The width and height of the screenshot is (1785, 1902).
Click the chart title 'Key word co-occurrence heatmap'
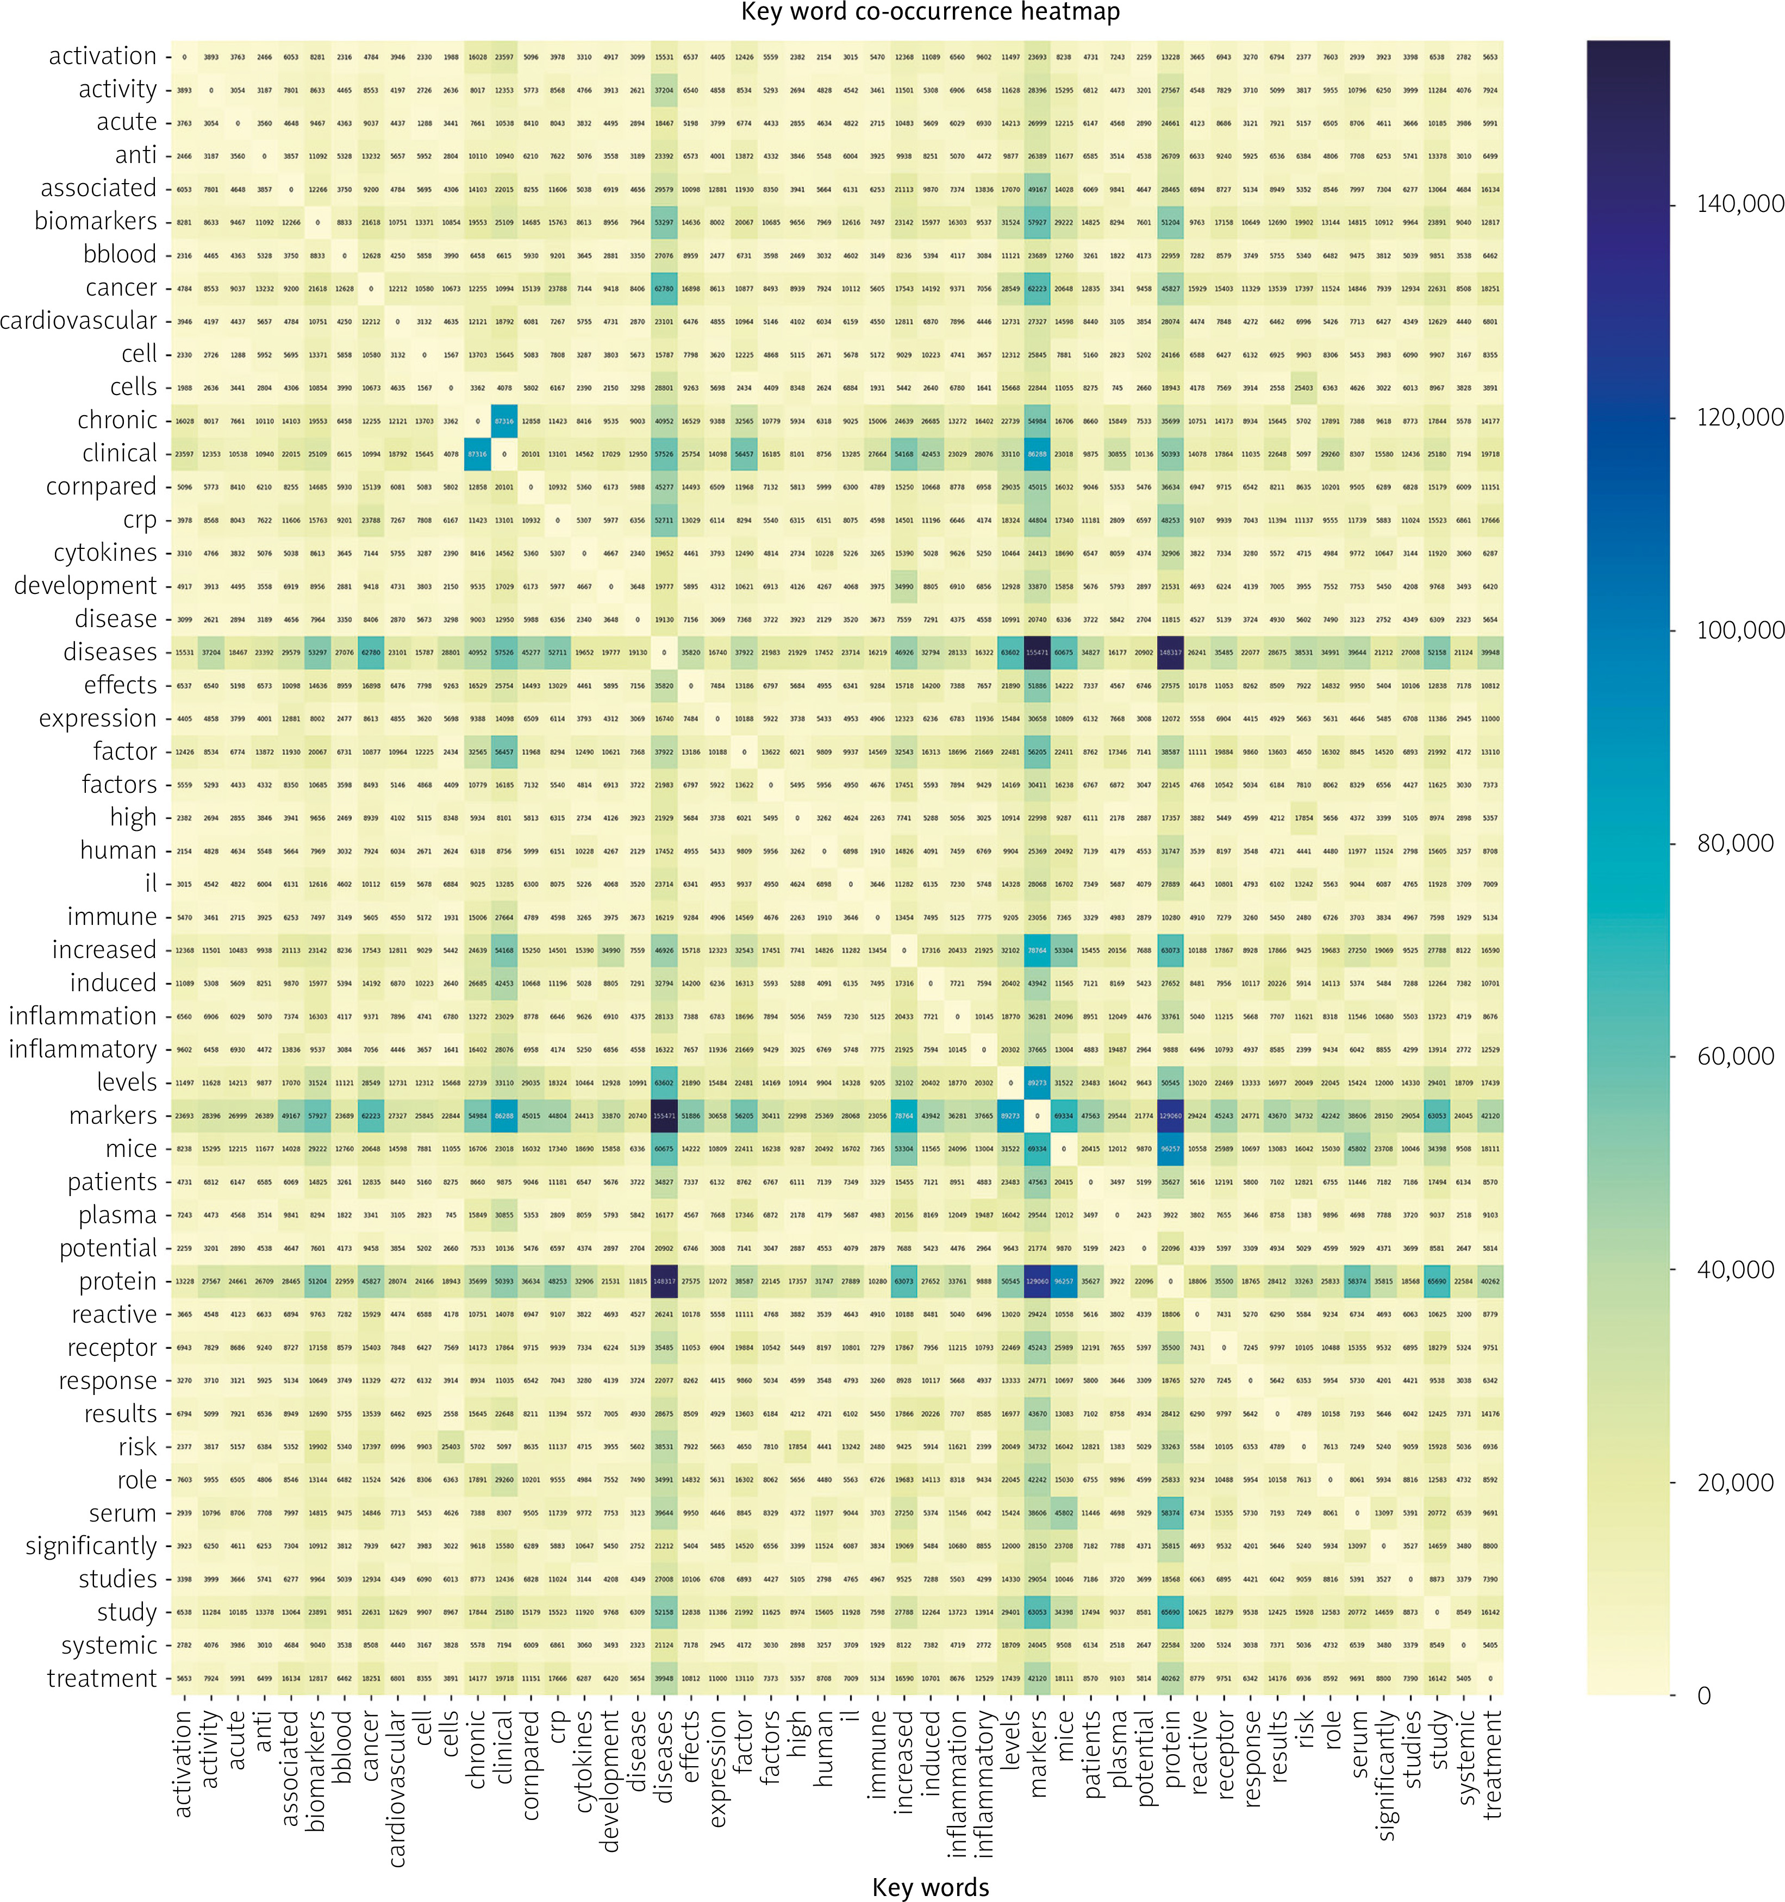(x=931, y=12)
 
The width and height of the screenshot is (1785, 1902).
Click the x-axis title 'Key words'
(x=931, y=1886)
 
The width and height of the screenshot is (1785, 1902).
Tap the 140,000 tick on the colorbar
(x=1739, y=204)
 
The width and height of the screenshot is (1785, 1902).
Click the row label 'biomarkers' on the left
(x=96, y=221)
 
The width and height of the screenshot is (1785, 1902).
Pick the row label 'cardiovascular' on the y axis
(x=78, y=321)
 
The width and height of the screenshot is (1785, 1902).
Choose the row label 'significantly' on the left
(x=91, y=1546)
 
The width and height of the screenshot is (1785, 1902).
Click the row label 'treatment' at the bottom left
(x=102, y=1678)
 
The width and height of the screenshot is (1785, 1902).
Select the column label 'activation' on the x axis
(x=184, y=1763)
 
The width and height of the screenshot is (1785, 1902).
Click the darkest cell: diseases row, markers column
(x=1037, y=653)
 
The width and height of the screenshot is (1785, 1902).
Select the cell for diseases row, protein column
(x=1170, y=653)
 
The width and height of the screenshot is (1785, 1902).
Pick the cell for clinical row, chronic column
(x=477, y=454)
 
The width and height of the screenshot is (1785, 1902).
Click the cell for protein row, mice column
(x=1063, y=1281)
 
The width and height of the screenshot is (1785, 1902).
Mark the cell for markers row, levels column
(x=1010, y=1116)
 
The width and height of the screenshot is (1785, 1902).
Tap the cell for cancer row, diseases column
(x=663, y=288)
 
